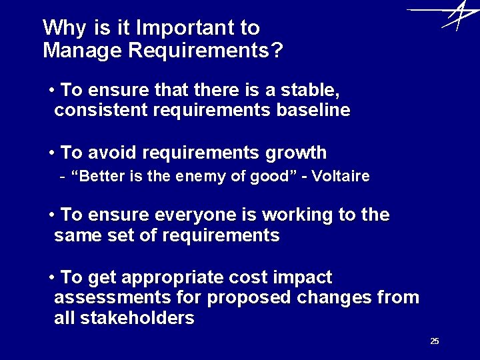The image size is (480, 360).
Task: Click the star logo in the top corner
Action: [454, 15]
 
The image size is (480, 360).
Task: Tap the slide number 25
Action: [435, 341]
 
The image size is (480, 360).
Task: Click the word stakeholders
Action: [137, 319]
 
